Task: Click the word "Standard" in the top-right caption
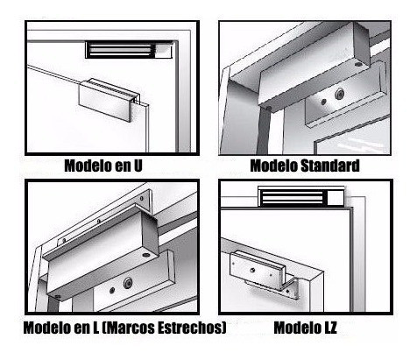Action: click(330, 165)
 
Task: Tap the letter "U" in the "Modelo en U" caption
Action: click(137, 165)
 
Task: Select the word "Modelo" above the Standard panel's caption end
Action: click(275, 165)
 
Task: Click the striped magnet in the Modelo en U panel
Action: click(122, 50)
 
